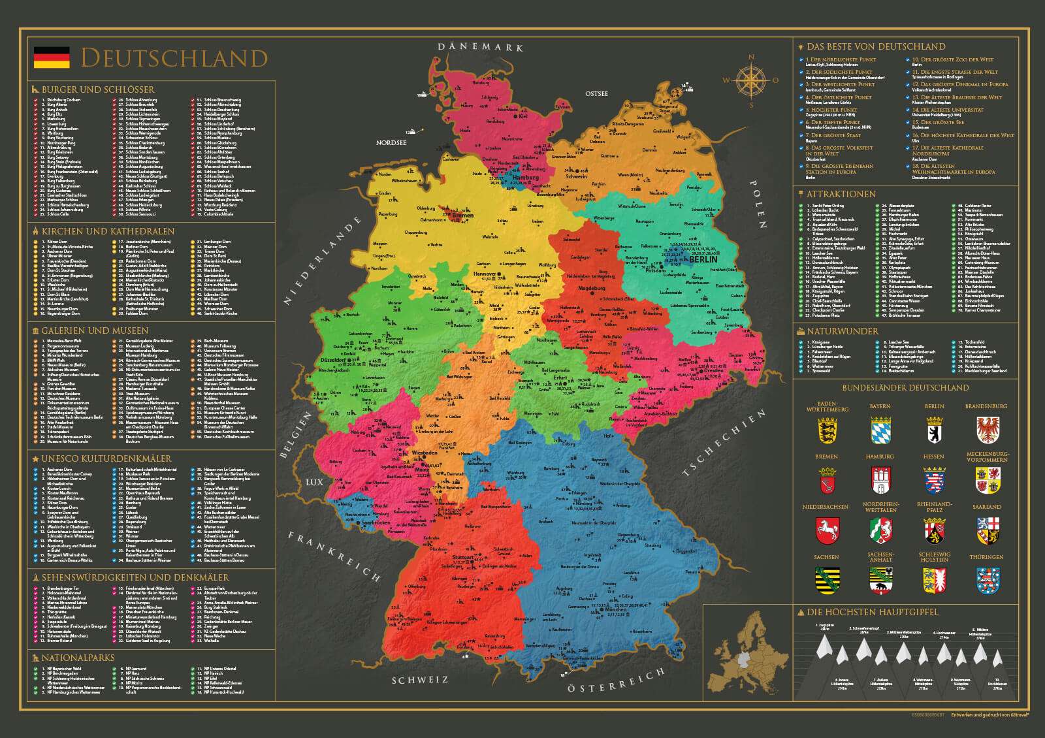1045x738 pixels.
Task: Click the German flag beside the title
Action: [x=52, y=57]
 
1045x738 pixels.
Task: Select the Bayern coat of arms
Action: [x=880, y=431]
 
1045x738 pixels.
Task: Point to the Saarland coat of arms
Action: [x=986, y=530]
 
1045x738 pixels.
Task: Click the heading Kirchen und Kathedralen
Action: [x=108, y=231]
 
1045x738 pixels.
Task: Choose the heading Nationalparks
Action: [x=78, y=658]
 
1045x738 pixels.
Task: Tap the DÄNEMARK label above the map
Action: [x=481, y=47]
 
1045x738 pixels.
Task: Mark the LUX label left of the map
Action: [x=314, y=483]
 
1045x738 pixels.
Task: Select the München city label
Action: [x=615, y=609]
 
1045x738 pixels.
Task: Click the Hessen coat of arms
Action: [x=934, y=480]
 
